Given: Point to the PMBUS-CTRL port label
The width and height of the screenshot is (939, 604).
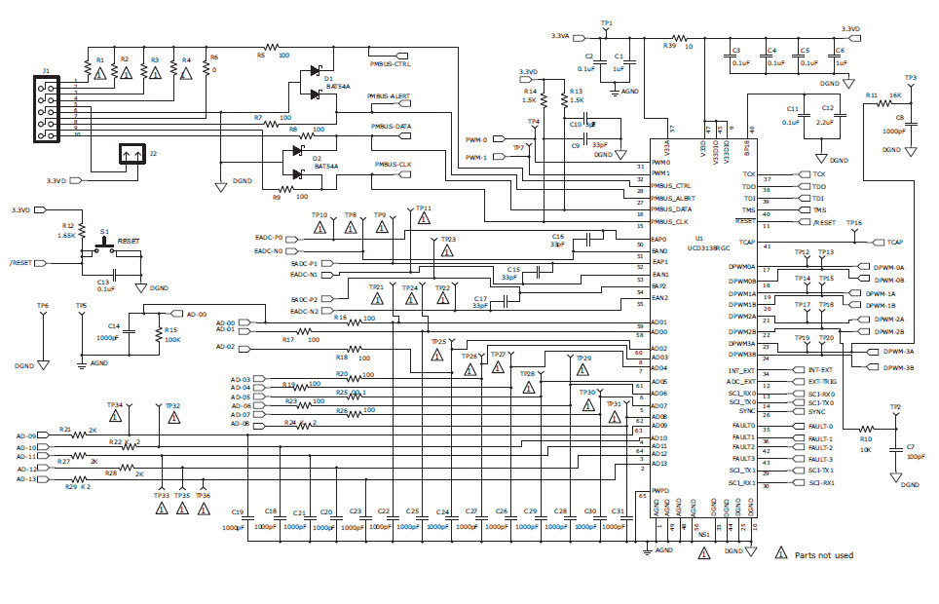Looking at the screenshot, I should pyautogui.click(x=390, y=64).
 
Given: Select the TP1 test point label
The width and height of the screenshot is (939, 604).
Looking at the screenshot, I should pyautogui.click(x=607, y=22).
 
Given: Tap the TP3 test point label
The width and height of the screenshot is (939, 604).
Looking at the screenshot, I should pyautogui.click(x=910, y=78).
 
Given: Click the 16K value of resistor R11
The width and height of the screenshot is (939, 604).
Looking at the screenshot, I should pyautogui.click(x=894, y=95).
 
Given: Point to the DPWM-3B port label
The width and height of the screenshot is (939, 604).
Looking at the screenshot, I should pyautogui.click(x=897, y=367).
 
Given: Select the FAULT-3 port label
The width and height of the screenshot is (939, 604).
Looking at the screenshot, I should pyautogui.click(x=820, y=459).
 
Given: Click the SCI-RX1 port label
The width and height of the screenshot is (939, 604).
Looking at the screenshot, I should pyautogui.click(x=821, y=483).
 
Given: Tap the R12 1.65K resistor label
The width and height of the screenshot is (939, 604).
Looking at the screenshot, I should pyautogui.click(x=67, y=230).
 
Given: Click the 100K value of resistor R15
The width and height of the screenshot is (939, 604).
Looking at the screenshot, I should pyautogui.click(x=171, y=340).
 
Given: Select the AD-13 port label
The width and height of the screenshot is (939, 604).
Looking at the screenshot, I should pyautogui.click(x=26, y=479).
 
